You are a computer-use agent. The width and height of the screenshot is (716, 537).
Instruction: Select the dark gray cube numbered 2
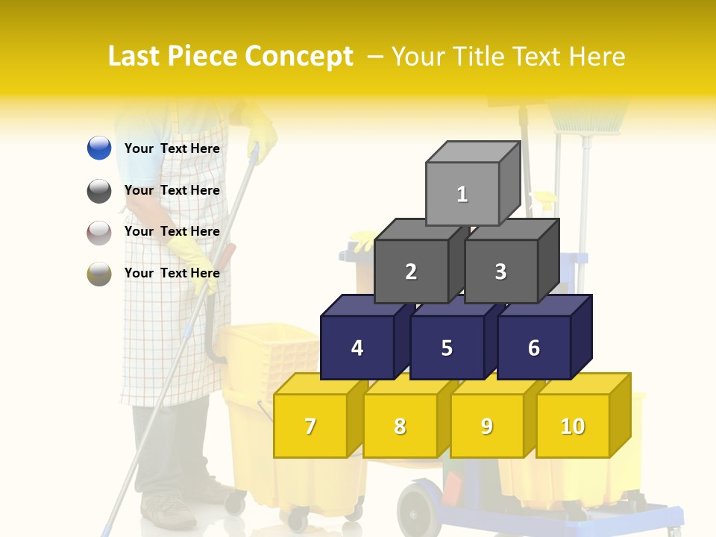411,271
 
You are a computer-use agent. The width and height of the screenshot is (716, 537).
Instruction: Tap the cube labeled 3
500,271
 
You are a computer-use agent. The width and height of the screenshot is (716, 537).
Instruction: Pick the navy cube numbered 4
357,348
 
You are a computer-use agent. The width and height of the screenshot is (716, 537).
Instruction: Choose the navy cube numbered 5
447,348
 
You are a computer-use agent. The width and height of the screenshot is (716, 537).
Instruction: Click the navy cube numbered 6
534,348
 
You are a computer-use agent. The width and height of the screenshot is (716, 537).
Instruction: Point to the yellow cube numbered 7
310,426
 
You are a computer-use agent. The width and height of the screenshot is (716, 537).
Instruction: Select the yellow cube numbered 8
400,426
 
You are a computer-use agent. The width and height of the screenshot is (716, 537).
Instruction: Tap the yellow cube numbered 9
487,426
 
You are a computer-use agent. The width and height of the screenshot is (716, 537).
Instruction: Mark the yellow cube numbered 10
573,426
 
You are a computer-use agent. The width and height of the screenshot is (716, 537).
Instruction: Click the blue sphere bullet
99,148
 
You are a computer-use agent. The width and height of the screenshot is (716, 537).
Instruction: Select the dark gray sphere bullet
99,190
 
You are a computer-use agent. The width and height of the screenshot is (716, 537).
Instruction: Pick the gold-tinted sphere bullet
99,273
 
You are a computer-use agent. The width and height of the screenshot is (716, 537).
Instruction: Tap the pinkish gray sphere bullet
99,232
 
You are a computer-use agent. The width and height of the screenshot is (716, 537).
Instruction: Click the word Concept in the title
299,57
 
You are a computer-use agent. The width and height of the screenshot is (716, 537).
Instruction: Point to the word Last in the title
136,57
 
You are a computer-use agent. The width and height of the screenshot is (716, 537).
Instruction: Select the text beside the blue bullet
172,148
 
